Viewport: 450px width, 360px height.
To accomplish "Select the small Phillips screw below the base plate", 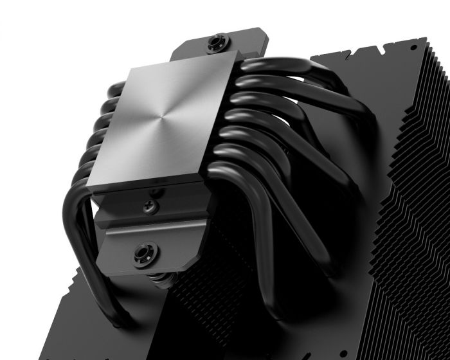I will click(x=152, y=206).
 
